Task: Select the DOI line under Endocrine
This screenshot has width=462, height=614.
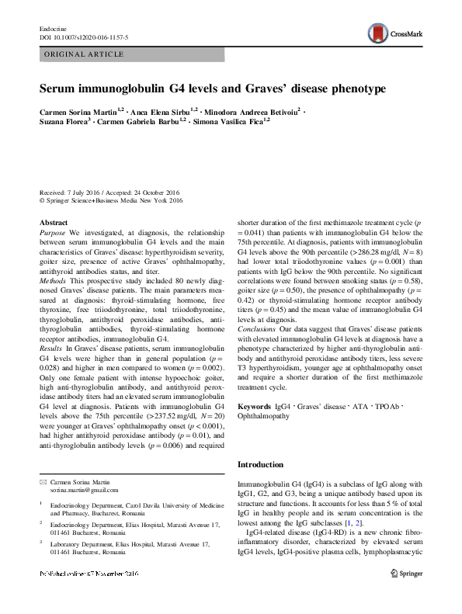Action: pyautogui.click(x=83, y=36)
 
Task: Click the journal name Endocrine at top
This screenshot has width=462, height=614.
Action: pyautogui.click(x=52, y=28)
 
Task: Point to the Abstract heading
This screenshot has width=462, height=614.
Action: pyautogui.click(x=53, y=223)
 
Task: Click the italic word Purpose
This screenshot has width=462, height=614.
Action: pyautogui.click(x=53, y=232)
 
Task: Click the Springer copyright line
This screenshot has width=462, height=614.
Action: pyautogui.click(x=110, y=200)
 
